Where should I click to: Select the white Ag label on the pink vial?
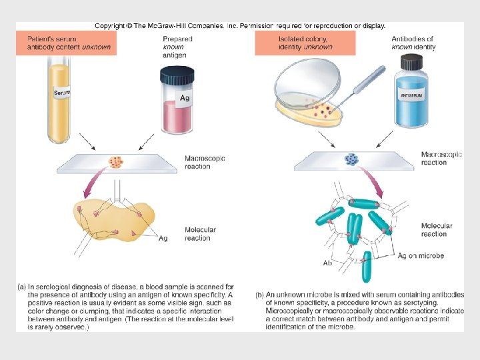click(x=185, y=98)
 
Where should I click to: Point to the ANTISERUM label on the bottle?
click(x=412, y=95)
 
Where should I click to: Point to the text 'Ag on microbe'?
click(x=421, y=256)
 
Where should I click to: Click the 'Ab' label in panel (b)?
click(x=327, y=263)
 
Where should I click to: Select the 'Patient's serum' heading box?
click(x=66, y=43)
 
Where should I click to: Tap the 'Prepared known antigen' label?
click(x=177, y=47)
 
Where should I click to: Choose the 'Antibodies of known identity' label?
click(x=413, y=43)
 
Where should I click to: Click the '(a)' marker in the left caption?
click(x=21, y=287)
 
